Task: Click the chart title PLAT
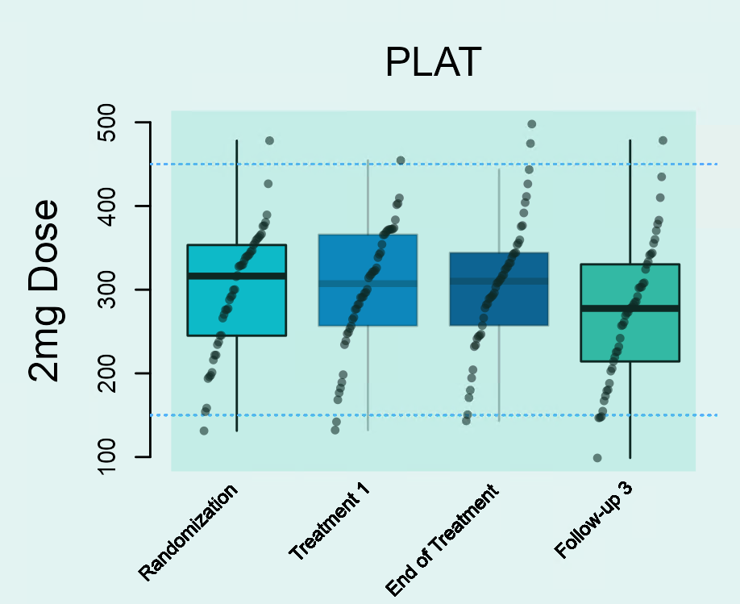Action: click(x=433, y=63)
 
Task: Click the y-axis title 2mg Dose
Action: click(x=44, y=290)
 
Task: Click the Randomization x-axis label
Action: click(x=189, y=532)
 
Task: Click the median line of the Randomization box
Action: click(x=236, y=276)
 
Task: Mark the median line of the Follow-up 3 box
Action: click(x=630, y=308)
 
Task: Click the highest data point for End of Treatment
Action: click(x=531, y=124)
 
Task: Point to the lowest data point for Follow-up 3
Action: click(x=597, y=458)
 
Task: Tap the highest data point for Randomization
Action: click(x=269, y=140)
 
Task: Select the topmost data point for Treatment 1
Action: click(x=401, y=160)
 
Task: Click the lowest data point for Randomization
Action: click(x=204, y=431)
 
